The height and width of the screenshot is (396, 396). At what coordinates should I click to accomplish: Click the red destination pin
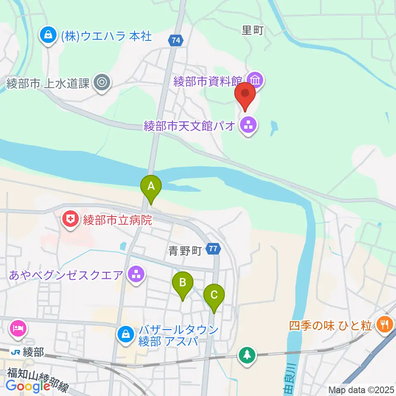click(x=245, y=94)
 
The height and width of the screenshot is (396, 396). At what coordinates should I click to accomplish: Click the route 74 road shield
click(x=176, y=40)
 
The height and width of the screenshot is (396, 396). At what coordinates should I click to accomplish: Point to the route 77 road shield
click(x=213, y=249)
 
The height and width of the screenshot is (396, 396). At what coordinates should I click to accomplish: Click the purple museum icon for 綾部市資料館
click(x=255, y=79)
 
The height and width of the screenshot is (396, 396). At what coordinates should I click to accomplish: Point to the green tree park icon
click(x=247, y=354)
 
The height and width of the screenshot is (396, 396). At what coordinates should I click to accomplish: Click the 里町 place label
click(x=252, y=31)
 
